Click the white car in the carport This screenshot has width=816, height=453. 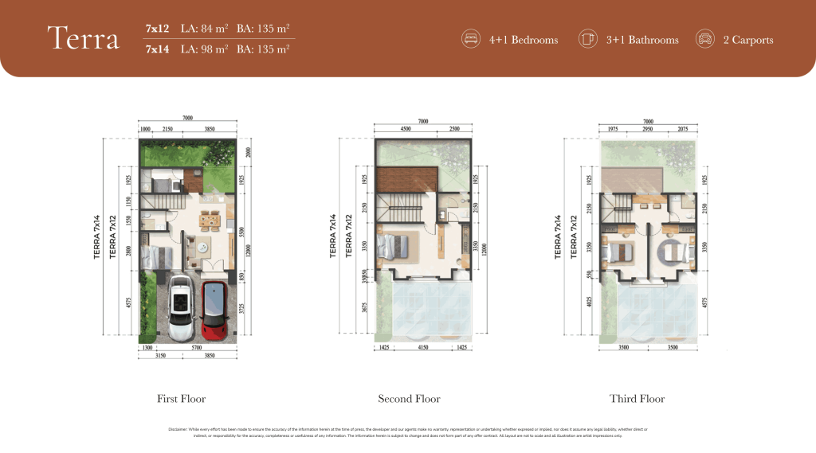click(x=179, y=307)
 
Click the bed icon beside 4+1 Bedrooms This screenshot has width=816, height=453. click(x=470, y=39)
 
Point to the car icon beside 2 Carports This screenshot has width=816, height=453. click(x=704, y=39)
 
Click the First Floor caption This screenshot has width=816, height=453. click(x=182, y=399)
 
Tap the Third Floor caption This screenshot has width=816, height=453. click(x=637, y=399)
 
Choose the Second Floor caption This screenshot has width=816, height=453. click(x=409, y=399)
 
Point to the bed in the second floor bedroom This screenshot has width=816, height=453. click(x=395, y=246)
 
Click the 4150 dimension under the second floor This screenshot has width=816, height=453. click(x=417, y=349)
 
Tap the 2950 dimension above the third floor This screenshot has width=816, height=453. click(x=648, y=128)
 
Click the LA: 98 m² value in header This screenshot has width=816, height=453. click(x=204, y=49)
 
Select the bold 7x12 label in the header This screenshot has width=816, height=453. click(x=157, y=29)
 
